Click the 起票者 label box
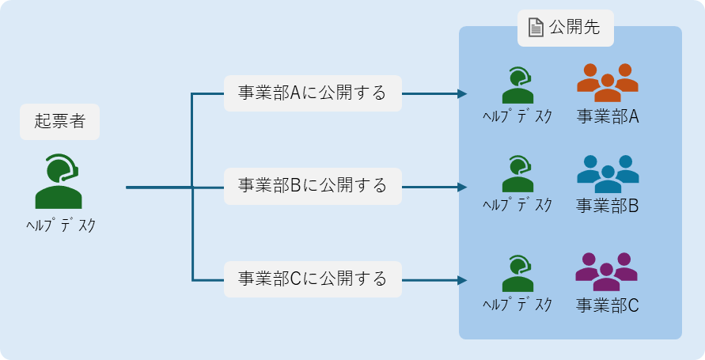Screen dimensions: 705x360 pos(60,122)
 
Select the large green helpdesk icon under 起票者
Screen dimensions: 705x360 pos(59,181)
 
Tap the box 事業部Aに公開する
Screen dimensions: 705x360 pos(313,93)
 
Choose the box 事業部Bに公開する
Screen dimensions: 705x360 pos(313,186)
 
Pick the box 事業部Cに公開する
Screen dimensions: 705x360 pos(313,279)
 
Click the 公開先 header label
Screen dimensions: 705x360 pos(566,28)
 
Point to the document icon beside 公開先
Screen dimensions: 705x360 pos(536,28)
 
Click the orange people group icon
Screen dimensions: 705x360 pos(608,83)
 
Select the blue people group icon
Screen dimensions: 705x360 pos(608,174)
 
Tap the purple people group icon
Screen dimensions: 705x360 pos(607,272)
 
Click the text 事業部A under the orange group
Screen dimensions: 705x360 pos(608,117)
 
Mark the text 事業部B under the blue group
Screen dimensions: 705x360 pos(608,206)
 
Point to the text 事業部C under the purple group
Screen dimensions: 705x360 pos(608,305)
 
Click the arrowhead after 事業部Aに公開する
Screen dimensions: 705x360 pos(462,93)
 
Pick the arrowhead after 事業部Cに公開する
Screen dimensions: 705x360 pos(462,280)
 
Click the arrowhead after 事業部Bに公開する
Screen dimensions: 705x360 pos(462,187)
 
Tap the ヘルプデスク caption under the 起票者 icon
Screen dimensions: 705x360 pos(61,225)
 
